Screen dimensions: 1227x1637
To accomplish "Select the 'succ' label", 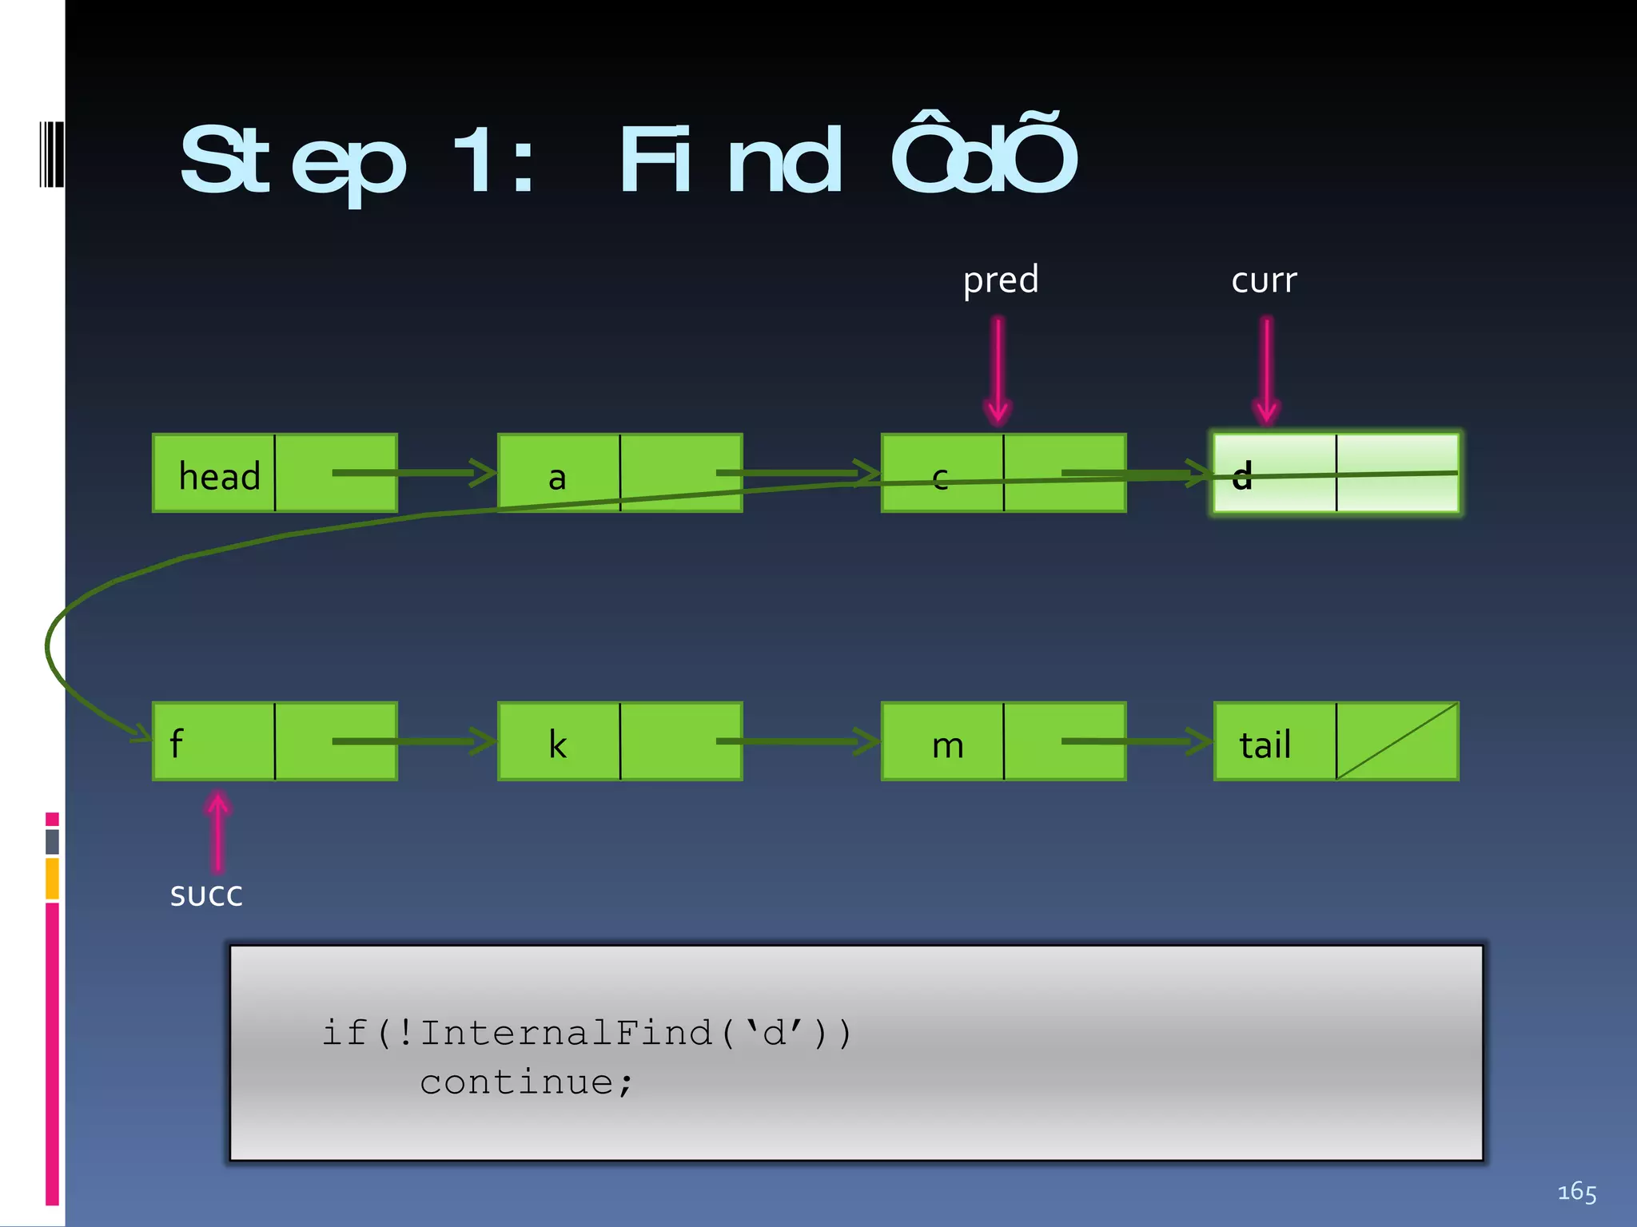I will [206, 896].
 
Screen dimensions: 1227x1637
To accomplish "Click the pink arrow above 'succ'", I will [217, 831].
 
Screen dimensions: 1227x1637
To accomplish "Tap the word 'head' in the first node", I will [219, 477].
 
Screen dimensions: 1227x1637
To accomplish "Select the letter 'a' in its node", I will [557, 478].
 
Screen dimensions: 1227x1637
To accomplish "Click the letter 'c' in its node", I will [940, 478].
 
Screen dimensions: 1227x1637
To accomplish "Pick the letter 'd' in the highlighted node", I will [1241, 477].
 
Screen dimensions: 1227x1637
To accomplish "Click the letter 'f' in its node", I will [177, 744].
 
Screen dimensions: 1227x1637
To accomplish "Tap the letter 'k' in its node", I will [557, 745].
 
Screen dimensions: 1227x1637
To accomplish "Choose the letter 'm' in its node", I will [947, 746].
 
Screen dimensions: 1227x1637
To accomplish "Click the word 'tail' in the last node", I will [1265, 745].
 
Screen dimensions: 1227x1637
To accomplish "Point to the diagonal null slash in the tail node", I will [1397, 741].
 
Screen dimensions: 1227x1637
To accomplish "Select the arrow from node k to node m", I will [799, 741].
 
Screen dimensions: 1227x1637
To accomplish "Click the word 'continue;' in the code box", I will [527, 1083].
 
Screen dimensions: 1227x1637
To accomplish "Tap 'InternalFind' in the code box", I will [566, 1034].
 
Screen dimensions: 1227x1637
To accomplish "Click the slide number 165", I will [1576, 1192].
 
